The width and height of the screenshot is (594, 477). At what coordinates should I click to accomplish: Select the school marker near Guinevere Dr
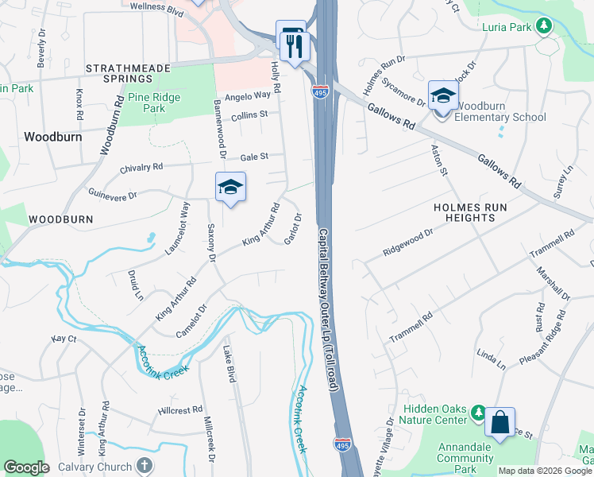click(x=230, y=187)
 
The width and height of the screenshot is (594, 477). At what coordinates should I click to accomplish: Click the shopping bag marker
click(x=500, y=421)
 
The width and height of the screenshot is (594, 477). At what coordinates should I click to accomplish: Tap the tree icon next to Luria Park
click(x=544, y=26)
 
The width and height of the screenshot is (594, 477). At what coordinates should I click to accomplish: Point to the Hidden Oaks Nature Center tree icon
click(x=478, y=412)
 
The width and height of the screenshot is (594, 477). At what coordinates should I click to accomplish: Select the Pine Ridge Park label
click(x=154, y=103)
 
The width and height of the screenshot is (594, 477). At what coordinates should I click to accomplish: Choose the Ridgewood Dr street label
click(x=408, y=242)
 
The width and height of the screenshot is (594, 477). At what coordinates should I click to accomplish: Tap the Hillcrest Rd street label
click(x=179, y=410)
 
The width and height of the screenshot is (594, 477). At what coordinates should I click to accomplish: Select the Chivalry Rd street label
click(x=141, y=168)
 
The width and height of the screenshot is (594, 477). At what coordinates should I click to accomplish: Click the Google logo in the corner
click(x=26, y=467)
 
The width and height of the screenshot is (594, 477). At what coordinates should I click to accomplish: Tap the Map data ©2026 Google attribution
click(x=544, y=471)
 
